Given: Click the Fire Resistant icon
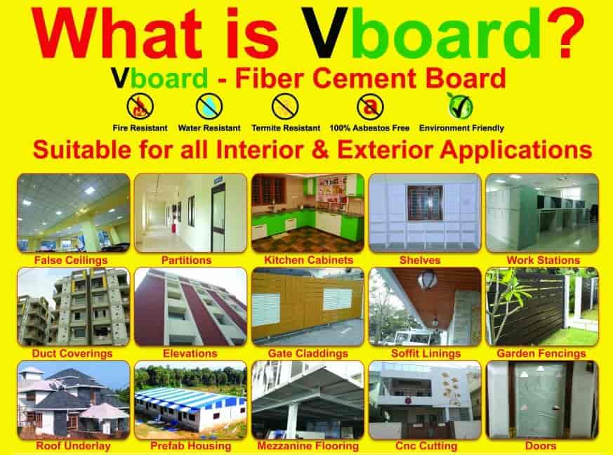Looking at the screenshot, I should (x=140, y=107).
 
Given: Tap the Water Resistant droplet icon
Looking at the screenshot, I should (x=209, y=107).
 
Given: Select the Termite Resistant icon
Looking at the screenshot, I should (x=285, y=107).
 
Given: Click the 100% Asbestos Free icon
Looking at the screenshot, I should (x=370, y=107).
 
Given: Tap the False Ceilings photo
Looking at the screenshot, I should (x=73, y=213).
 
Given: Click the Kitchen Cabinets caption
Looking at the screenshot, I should (x=308, y=261).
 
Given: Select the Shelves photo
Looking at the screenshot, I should (x=424, y=213).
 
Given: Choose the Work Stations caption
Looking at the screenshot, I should (x=543, y=261).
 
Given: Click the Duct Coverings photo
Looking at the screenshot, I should (x=73, y=307).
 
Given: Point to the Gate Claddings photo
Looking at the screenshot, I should (x=307, y=307).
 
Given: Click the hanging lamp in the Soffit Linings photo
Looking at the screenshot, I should (x=426, y=282).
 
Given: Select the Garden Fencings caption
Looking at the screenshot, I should (x=541, y=354).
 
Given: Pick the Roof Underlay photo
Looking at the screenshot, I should (x=73, y=400).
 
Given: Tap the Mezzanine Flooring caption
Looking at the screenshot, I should (x=308, y=446).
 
